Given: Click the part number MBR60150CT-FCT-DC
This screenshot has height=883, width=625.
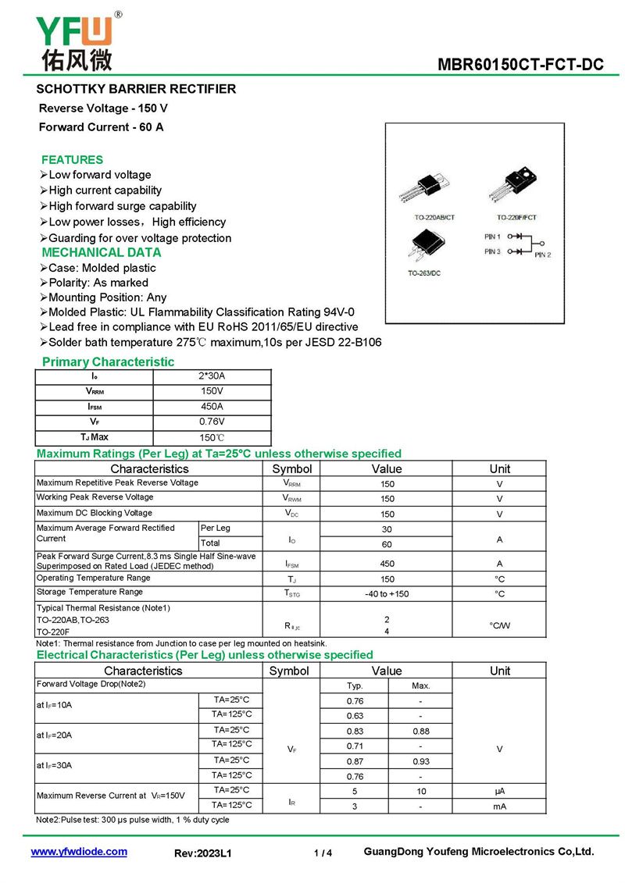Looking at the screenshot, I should [520, 65].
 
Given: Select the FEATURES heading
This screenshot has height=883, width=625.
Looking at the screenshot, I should [72, 159].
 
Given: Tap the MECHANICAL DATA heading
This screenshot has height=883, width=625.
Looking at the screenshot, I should [101, 252].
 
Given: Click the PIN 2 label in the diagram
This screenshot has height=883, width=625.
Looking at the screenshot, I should [543, 255].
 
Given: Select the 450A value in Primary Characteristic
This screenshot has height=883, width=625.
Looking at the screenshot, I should [211, 406].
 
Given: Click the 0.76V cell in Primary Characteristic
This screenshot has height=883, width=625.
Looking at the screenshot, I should [211, 422].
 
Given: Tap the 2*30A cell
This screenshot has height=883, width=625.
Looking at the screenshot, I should [211, 376].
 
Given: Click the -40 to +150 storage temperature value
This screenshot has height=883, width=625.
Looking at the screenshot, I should [387, 594].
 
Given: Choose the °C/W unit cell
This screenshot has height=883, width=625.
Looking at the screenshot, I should [499, 625].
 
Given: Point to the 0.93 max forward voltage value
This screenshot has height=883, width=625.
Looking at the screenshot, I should [420, 760].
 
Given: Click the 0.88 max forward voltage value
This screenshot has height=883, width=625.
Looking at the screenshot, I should [420, 732].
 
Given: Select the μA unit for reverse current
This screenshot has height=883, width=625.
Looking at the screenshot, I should [499, 791].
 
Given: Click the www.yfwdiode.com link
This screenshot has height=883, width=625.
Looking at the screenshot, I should [79, 852].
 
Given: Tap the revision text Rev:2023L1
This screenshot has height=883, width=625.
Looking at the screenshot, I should [203, 853].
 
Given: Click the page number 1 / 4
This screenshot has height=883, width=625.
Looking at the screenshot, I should [323, 853].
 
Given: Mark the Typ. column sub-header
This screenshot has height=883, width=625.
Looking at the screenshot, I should [355, 685].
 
